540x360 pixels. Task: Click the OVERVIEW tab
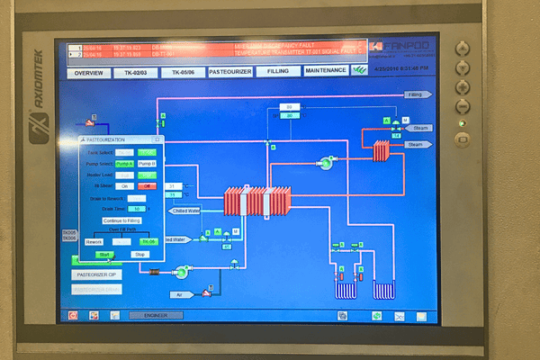click(88, 71)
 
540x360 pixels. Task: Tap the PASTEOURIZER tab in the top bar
click(229, 71)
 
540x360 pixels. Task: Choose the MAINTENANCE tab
click(325, 70)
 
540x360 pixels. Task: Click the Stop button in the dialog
click(139, 255)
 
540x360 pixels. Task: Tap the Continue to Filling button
click(121, 220)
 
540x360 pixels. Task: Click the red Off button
click(146, 186)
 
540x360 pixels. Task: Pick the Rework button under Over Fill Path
click(94, 241)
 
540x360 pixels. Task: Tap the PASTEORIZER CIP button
click(96, 274)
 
